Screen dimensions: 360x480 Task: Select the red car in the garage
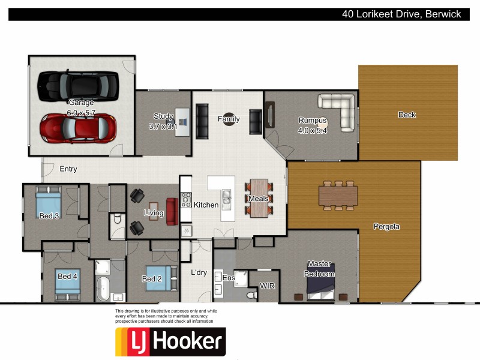[78, 127]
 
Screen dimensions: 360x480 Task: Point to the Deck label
[407, 115]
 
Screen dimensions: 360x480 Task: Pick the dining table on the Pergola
[338, 196]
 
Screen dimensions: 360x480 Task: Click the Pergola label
[386, 227]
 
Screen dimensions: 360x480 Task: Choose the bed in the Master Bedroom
[321, 282]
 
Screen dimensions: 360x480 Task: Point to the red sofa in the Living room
[172, 211]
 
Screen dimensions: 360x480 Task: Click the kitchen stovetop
[186, 200]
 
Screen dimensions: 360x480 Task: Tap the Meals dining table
[259, 198]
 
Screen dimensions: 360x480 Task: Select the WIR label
[266, 286]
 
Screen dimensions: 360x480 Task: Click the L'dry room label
[199, 272]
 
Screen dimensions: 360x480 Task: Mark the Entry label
[68, 169]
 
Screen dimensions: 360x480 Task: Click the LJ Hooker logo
[170, 342]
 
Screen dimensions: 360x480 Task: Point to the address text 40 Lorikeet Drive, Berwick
[401, 14]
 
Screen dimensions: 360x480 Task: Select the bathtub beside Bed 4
[104, 288]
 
